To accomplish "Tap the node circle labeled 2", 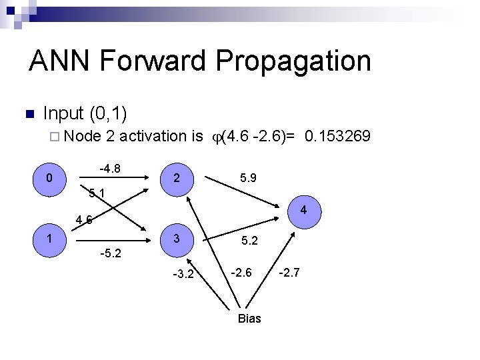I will (x=175, y=179).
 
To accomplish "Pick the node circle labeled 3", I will (x=175, y=239).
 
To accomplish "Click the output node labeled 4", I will (x=303, y=211).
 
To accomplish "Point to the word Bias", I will (x=249, y=319).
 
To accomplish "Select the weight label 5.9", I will (x=249, y=179).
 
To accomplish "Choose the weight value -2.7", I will (x=291, y=271).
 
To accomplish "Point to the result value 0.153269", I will (x=337, y=137).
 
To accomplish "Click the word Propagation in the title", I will (x=293, y=61).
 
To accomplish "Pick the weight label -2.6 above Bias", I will (x=242, y=271).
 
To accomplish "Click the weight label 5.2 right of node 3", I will (x=249, y=241).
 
